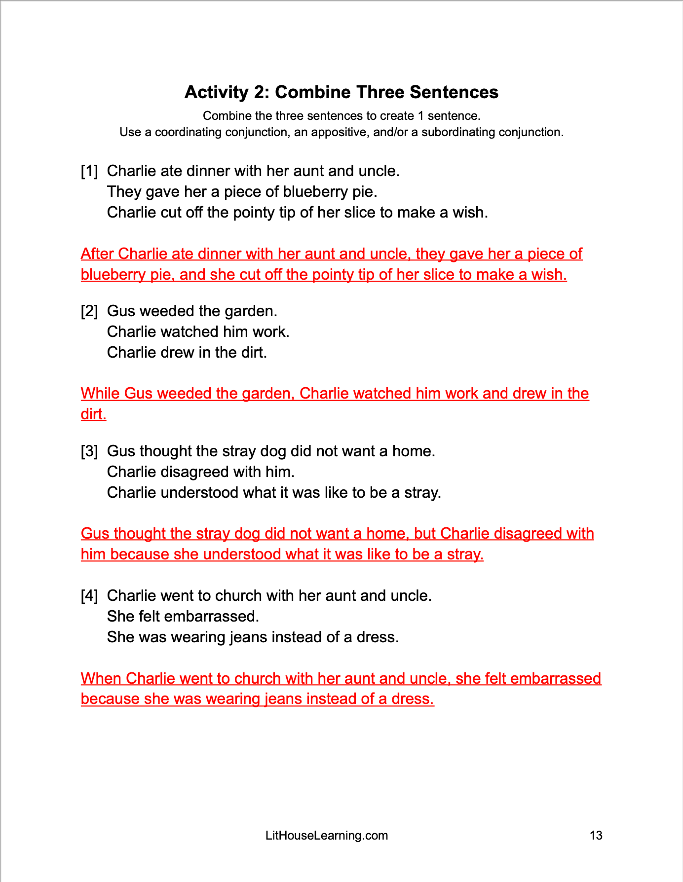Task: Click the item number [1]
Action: [89, 171]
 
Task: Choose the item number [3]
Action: [89, 451]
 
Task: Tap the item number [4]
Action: [89, 596]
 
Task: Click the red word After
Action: [98, 254]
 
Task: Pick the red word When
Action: [101, 678]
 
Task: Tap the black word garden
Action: [251, 311]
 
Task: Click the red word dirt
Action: [93, 414]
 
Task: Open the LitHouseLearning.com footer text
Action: [327, 836]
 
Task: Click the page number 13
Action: [596, 836]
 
